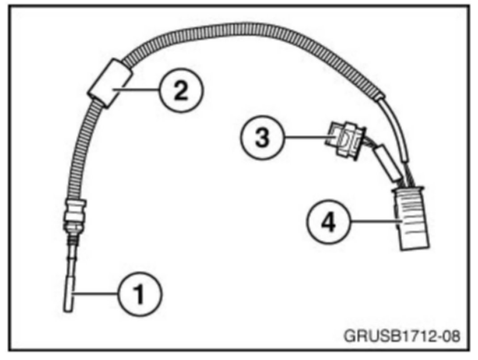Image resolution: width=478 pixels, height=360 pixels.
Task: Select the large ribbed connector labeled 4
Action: [x=411, y=219]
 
